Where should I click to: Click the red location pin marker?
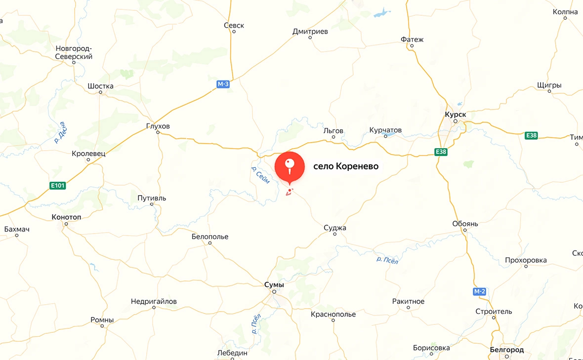(290, 166)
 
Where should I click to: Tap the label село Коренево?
(346, 166)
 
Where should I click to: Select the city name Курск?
(455, 114)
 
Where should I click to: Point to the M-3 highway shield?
(223, 84)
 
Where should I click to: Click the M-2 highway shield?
(479, 291)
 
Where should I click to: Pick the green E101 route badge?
(58, 186)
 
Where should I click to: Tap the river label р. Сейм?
(260, 176)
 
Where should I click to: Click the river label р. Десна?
(61, 133)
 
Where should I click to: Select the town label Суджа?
(335, 228)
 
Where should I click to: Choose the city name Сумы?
(274, 285)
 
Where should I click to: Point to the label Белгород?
(506, 350)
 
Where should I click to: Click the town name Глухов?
(158, 126)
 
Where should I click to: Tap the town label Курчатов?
(385, 130)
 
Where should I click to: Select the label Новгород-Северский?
(74, 52)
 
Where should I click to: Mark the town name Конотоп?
(66, 217)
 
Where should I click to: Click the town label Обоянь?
(465, 224)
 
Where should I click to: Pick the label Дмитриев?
(310, 31)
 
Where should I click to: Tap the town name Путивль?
(152, 198)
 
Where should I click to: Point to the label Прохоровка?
(526, 260)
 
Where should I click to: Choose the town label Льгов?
(333, 130)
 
